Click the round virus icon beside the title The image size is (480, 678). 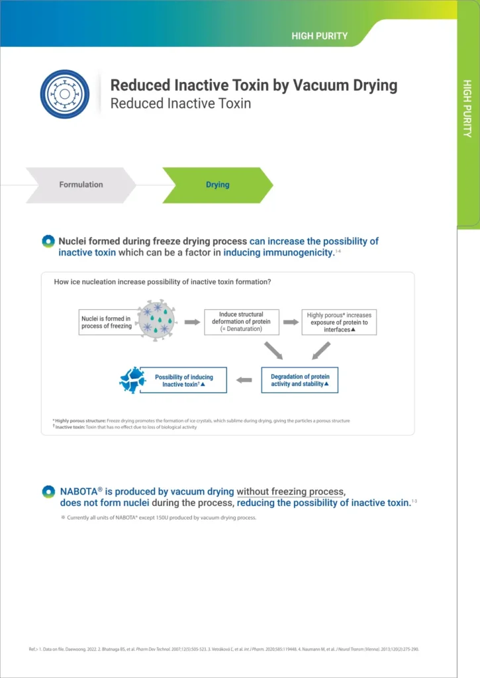click(64, 94)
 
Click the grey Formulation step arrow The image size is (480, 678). click(80, 185)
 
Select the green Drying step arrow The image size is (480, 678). click(217, 185)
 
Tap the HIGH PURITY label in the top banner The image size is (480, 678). click(319, 36)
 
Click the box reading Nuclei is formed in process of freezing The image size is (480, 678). click(107, 322)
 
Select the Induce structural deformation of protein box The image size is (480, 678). click(241, 322)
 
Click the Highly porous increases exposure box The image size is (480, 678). click(339, 322)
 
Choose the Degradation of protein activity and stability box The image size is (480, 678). click(300, 380)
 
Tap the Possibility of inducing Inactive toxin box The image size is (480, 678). click(183, 381)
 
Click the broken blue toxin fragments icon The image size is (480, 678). click(132, 380)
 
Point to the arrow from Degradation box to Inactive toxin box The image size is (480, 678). click(244, 380)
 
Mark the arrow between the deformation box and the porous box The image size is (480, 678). click(291, 322)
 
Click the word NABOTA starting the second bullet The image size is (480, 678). click(78, 491)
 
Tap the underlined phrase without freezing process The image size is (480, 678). click(291, 491)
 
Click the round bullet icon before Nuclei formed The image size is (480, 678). click(48, 242)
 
